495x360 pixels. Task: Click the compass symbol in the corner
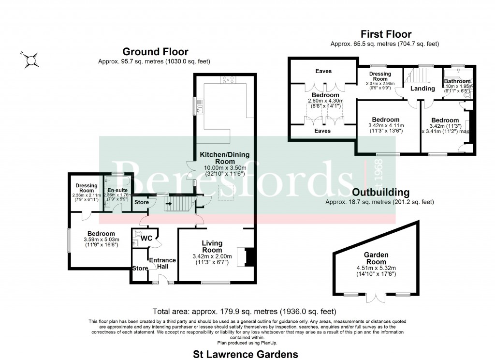[x=32, y=60]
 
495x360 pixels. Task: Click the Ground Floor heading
[x=155, y=52]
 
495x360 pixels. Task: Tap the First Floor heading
[x=386, y=34]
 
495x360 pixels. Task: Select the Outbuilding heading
[x=381, y=193]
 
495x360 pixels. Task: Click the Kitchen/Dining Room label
[x=225, y=158]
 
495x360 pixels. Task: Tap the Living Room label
[x=212, y=246]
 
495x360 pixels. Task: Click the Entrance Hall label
[x=162, y=264]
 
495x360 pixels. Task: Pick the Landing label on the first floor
[x=422, y=89]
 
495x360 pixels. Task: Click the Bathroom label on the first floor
[x=457, y=81]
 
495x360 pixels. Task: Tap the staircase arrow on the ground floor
[x=169, y=204]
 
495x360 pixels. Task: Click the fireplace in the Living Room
[x=247, y=256]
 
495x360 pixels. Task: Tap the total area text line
[x=244, y=311]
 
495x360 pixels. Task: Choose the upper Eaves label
[x=323, y=71]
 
